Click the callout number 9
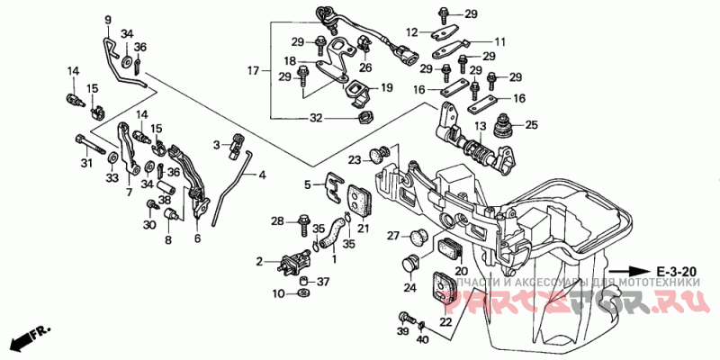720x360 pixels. tap(107, 20)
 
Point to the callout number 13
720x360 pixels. tap(480, 125)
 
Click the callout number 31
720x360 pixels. tap(86, 163)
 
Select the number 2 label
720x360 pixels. tap(260, 261)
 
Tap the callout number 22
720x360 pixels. tap(445, 322)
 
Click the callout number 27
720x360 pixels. tap(392, 236)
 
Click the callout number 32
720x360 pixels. tap(316, 117)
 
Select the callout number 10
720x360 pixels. tap(278, 293)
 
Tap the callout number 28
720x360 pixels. tap(278, 220)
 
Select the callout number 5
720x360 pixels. tap(307, 184)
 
